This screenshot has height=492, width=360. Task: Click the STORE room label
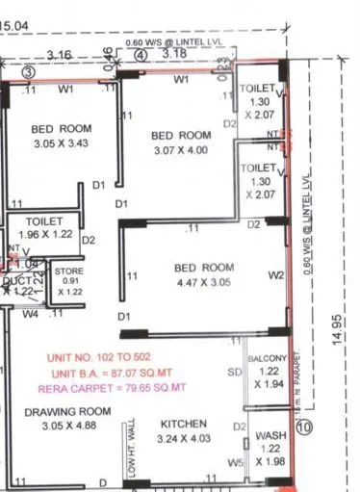pyautogui.click(x=68, y=272)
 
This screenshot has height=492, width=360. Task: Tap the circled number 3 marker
pyautogui.click(x=29, y=72)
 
